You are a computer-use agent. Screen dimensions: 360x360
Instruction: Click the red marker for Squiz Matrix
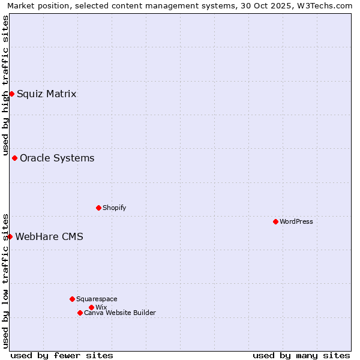pyautogui.click(x=11, y=94)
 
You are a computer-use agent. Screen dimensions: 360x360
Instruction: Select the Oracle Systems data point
pyautogui.click(x=14, y=158)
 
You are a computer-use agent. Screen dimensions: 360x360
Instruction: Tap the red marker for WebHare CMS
pyautogui.click(x=10, y=236)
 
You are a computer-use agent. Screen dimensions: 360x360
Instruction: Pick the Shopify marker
pyautogui.click(x=98, y=208)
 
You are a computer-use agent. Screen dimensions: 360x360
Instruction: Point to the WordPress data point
pyautogui.click(x=275, y=221)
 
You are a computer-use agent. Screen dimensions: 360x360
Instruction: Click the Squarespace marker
pyautogui.click(x=72, y=299)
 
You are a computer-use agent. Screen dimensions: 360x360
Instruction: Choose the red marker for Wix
pyautogui.click(x=91, y=307)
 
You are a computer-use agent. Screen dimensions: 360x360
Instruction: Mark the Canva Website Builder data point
pyautogui.click(x=80, y=313)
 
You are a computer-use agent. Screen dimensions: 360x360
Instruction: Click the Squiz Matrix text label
pyautogui.click(x=47, y=94)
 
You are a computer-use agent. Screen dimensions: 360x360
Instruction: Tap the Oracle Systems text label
pyautogui.click(x=57, y=158)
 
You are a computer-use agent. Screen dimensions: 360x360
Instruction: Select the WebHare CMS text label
pyautogui.click(x=49, y=236)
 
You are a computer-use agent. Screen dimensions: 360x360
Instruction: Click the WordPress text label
pyautogui.click(x=296, y=221)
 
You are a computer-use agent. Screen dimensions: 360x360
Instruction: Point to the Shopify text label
pyautogui.click(x=115, y=208)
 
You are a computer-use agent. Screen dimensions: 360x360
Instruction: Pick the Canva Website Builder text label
pyautogui.click(x=120, y=313)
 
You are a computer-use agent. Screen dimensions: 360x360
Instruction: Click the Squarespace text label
pyautogui.click(x=97, y=299)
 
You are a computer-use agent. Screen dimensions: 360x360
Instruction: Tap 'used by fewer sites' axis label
pyautogui.click(x=62, y=355)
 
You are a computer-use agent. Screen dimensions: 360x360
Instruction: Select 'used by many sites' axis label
pyautogui.click(x=301, y=355)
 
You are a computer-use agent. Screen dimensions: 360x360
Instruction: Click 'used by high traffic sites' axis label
pyautogui.click(x=5, y=85)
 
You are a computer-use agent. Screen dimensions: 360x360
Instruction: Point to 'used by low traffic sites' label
pyautogui.click(x=5, y=280)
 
